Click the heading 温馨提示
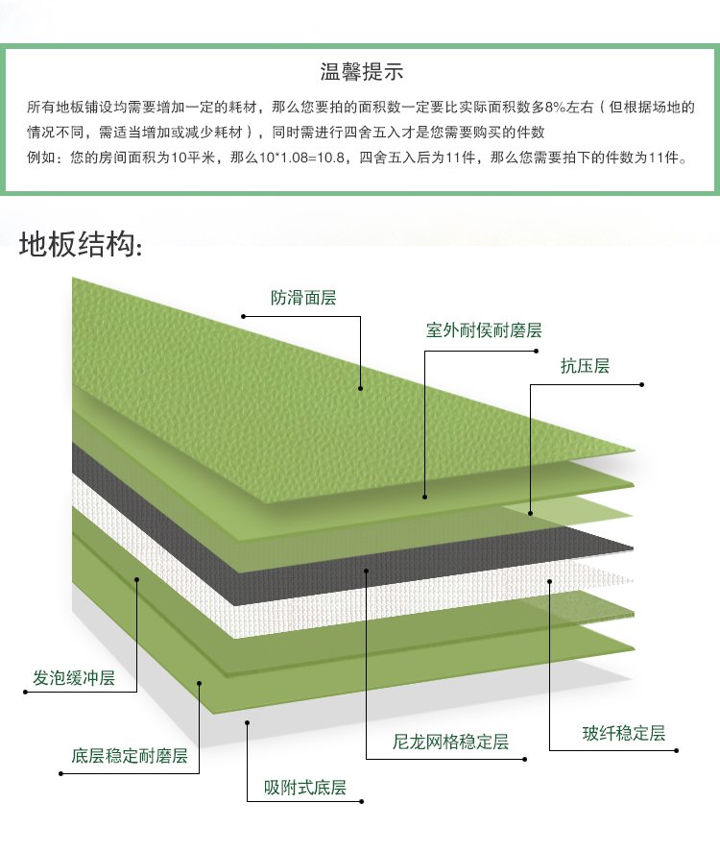tap(361, 71)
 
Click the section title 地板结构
tap(81, 243)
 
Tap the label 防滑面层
tap(303, 297)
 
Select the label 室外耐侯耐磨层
tap(484, 329)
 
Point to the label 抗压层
tap(585, 366)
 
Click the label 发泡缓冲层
tap(74, 677)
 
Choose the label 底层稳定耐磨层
tap(130, 755)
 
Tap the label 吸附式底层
tap(305, 787)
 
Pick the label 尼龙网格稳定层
tap(450, 742)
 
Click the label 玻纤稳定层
tap(624, 733)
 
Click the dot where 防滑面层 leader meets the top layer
tap(361, 388)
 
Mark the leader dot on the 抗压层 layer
tap(531, 513)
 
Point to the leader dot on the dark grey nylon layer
tap(367, 571)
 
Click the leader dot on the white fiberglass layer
tap(549, 581)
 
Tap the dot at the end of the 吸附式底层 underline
tap(362, 801)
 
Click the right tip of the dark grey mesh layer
tap(633, 548)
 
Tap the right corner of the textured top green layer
tap(635, 450)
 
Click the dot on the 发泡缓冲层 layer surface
tap(137, 580)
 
